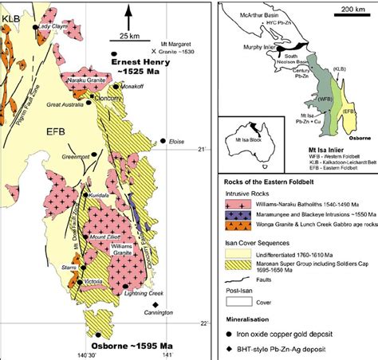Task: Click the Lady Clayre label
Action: pos(54,25)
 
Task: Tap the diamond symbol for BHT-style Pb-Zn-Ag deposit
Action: pos(240,351)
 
